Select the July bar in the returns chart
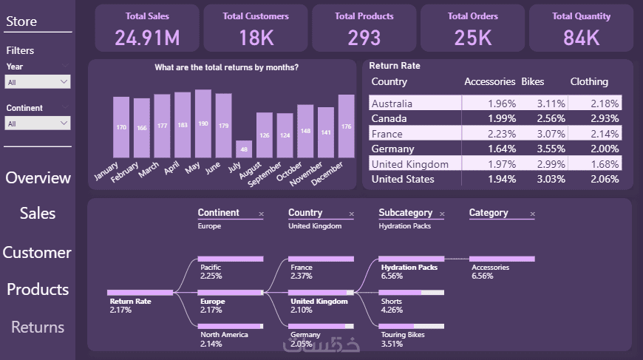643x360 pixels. tap(244, 149)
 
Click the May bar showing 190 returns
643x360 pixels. tap(203, 124)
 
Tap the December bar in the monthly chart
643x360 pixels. tap(346, 126)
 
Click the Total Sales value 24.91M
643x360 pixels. tap(147, 38)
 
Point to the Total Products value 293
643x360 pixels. tap(364, 38)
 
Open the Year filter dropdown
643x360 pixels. tap(38, 82)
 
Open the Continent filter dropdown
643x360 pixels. tap(38, 123)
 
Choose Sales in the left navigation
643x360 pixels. tap(38, 214)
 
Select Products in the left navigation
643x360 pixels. tap(38, 289)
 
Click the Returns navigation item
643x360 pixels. tap(38, 327)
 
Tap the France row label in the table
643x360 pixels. tap(387, 134)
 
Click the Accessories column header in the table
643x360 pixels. tap(489, 82)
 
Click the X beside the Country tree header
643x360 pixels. tap(351, 214)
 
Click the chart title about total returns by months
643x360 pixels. tap(226, 68)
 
